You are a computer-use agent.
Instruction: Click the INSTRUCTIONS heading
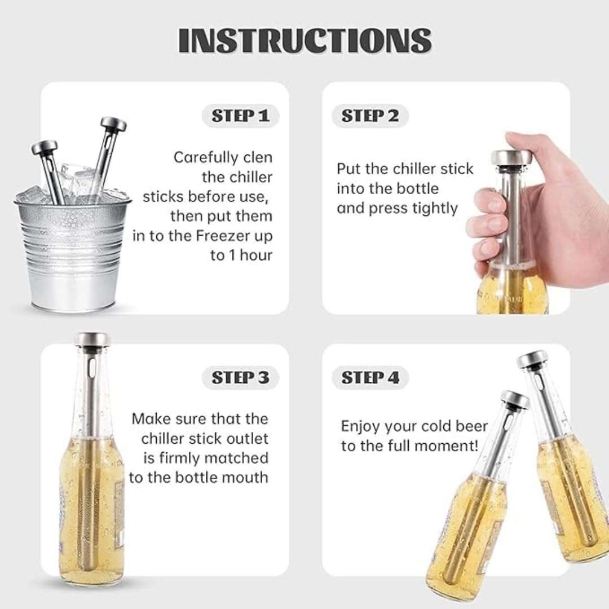(305, 41)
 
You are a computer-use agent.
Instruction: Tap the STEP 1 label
(240, 116)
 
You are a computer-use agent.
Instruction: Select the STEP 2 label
(370, 116)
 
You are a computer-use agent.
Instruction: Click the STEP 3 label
(240, 377)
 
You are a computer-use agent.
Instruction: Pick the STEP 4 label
(370, 377)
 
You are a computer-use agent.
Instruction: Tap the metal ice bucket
(73, 254)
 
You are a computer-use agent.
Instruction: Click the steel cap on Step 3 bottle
(92, 339)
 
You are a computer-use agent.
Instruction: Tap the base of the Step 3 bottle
(91, 575)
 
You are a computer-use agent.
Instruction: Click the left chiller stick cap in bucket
(45, 148)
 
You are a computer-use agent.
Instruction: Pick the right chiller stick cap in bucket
(113, 123)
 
